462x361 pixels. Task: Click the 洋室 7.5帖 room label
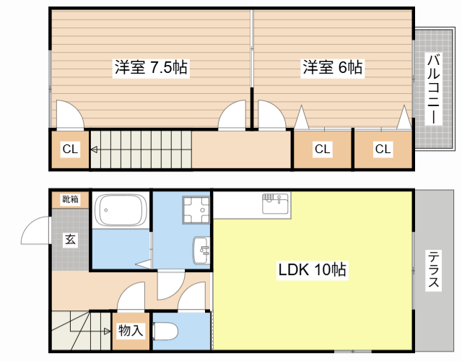[x=151, y=67]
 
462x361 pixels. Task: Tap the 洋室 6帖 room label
[x=333, y=67]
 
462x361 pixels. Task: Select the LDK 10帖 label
[x=313, y=269]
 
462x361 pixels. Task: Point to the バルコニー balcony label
[x=433, y=89]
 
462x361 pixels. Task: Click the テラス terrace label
[x=433, y=269]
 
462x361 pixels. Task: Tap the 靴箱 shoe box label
[x=71, y=199]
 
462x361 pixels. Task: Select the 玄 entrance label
[x=70, y=239]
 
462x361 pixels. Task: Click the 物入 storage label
[x=131, y=331]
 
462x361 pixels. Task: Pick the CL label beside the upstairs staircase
[x=70, y=149]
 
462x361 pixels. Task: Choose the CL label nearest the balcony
[x=383, y=149]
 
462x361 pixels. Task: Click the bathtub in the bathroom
[x=121, y=210]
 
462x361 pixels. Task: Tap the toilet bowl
[x=165, y=332]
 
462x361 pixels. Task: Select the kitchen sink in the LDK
[x=276, y=204]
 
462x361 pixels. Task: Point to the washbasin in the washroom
[x=201, y=251]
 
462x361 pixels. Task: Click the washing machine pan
[x=196, y=210]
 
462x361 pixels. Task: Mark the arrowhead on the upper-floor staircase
[x=94, y=150]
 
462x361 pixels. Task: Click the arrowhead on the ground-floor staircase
[x=108, y=331]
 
